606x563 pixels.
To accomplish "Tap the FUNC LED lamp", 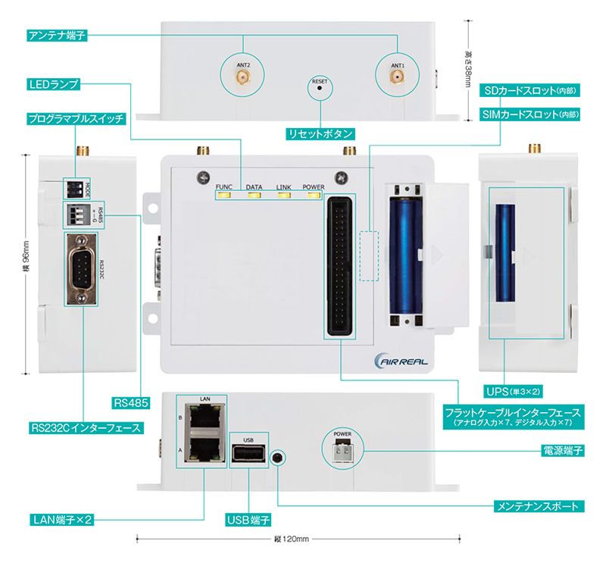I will [224, 196].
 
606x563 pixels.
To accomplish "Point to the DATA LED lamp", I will [253, 196].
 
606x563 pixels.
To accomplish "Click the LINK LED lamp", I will [283, 196].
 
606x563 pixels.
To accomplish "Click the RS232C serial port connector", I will [80, 271].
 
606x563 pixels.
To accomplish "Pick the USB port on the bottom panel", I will [248, 455].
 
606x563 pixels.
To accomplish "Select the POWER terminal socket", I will [341, 452].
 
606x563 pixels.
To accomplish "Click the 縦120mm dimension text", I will [292, 539].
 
